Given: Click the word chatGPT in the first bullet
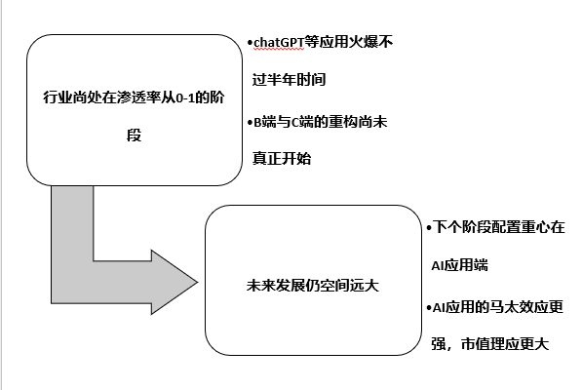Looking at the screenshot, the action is (279, 42).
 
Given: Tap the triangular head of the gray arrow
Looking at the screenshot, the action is (175, 282).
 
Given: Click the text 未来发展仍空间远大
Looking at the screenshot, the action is (313, 286).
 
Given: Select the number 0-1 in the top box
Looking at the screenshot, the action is (185, 97).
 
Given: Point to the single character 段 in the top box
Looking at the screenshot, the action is (134, 136).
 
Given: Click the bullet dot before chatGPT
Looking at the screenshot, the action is (250, 43).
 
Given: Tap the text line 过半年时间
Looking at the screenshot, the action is (290, 79).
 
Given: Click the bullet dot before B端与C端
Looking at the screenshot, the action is (250, 122).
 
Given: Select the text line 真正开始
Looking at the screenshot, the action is (282, 159).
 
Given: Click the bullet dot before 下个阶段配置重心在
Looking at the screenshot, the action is (429, 227).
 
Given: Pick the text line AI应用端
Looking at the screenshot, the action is (459, 265).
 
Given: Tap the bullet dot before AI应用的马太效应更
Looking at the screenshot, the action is (429, 308).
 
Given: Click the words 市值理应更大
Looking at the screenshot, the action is (505, 344).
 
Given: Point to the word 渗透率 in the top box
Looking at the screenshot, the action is (139, 97).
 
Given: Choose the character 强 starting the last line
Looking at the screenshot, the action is (439, 344).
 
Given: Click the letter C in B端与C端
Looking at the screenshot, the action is (295, 122).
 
